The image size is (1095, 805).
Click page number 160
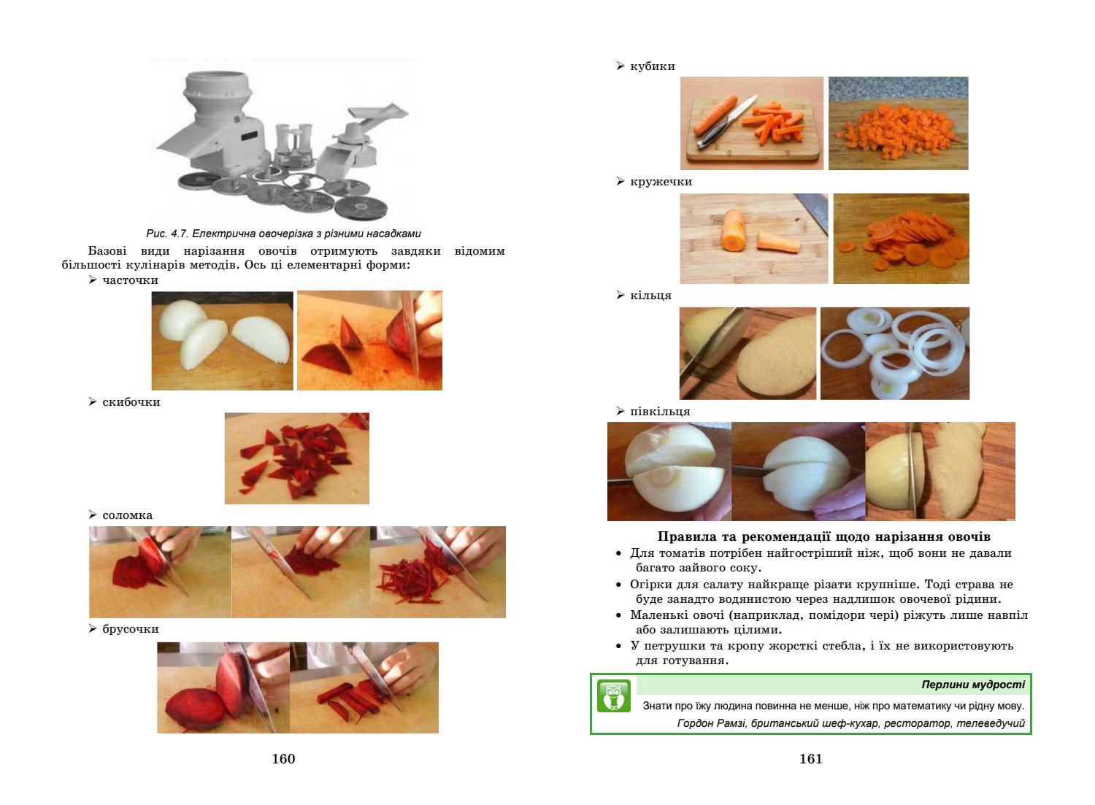[x=283, y=758]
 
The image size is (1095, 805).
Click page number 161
[x=811, y=758]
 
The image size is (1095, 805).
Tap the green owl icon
[x=613, y=696]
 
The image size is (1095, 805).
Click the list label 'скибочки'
[x=131, y=401]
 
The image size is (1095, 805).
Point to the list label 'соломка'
[x=127, y=515]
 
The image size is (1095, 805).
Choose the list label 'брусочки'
[x=131, y=629]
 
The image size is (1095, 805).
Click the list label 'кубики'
[x=653, y=66]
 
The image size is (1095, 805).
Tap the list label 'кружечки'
[x=661, y=182]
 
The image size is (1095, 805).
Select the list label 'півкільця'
[x=660, y=412]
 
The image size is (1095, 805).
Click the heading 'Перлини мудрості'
[x=973, y=685]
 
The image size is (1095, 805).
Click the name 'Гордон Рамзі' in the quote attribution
[x=712, y=723]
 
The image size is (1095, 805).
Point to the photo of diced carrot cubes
[x=899, y=123]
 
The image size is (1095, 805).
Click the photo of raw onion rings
[x=895, y=353]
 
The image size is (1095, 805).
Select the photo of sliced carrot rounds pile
[x=902, y=239]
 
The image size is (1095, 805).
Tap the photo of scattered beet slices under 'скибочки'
[x=296, y=458]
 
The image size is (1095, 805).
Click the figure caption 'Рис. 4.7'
[x=167, y=234]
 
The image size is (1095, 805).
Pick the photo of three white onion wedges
[x=223, y=341]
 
